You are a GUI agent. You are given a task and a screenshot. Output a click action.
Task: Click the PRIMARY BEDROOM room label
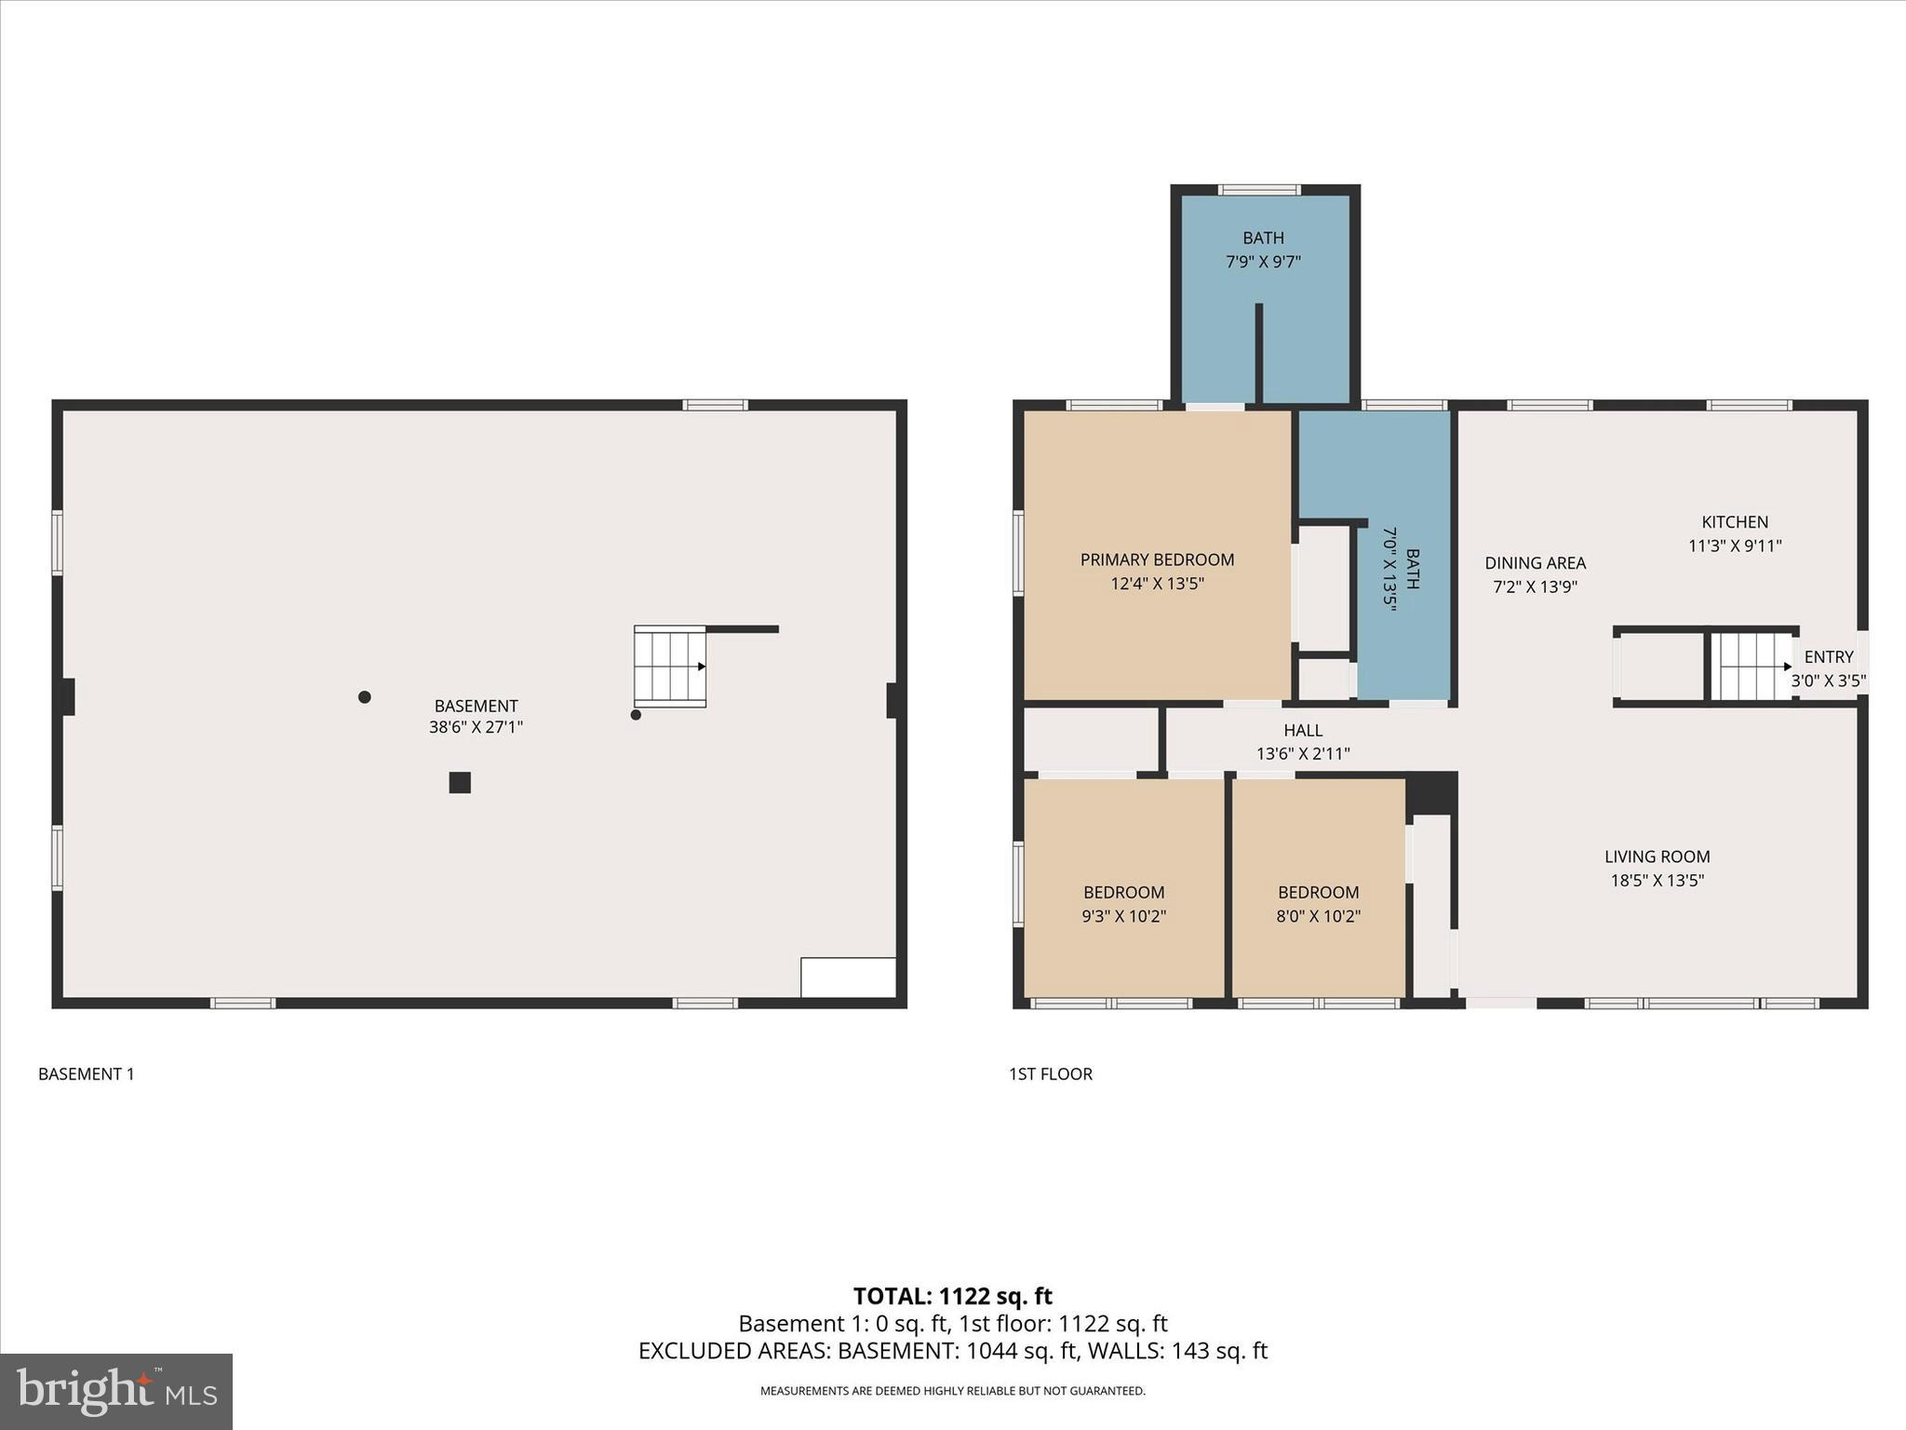[x=1157, y=560]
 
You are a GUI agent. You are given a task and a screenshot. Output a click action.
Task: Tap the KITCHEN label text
[x=1735, y=522]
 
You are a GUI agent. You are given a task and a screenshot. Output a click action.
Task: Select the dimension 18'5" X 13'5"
[x=1657, y=881]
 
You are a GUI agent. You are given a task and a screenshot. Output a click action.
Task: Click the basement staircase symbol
[x=670, y=667]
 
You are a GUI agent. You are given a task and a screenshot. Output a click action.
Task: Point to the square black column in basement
[x=460, y=783]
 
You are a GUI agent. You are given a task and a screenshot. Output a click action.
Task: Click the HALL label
[x=1302, y=731]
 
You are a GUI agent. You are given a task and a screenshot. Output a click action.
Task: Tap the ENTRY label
[x=1828, y=657]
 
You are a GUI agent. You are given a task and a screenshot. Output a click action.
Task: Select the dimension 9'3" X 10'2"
[x=1123, y=916]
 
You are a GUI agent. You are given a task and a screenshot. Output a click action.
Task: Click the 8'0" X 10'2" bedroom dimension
[x=1318, y=916]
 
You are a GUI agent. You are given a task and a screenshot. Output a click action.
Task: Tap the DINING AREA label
[x=1535, y=563]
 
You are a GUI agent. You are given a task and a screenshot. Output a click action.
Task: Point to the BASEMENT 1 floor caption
[x=87, y=1074]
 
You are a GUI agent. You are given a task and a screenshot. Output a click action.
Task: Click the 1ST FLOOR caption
[x=1051, y=1074]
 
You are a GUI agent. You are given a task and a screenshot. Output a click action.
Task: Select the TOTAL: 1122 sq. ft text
[x=952, y=1296]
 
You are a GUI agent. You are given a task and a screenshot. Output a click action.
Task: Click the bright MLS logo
[x=116, y=1391]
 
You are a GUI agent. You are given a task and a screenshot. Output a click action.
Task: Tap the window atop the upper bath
[x=1259, y=190]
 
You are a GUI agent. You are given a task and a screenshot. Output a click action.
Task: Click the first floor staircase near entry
[x=1754, y=667]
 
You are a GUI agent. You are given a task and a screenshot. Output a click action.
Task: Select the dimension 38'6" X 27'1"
[x=476, y=728]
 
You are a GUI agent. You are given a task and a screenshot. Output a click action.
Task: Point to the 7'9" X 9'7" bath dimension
[x=1263, y=263]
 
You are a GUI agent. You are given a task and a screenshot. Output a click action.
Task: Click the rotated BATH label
[x=1412, y=569]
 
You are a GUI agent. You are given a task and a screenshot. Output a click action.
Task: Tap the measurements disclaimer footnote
[x=952, y=1391]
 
